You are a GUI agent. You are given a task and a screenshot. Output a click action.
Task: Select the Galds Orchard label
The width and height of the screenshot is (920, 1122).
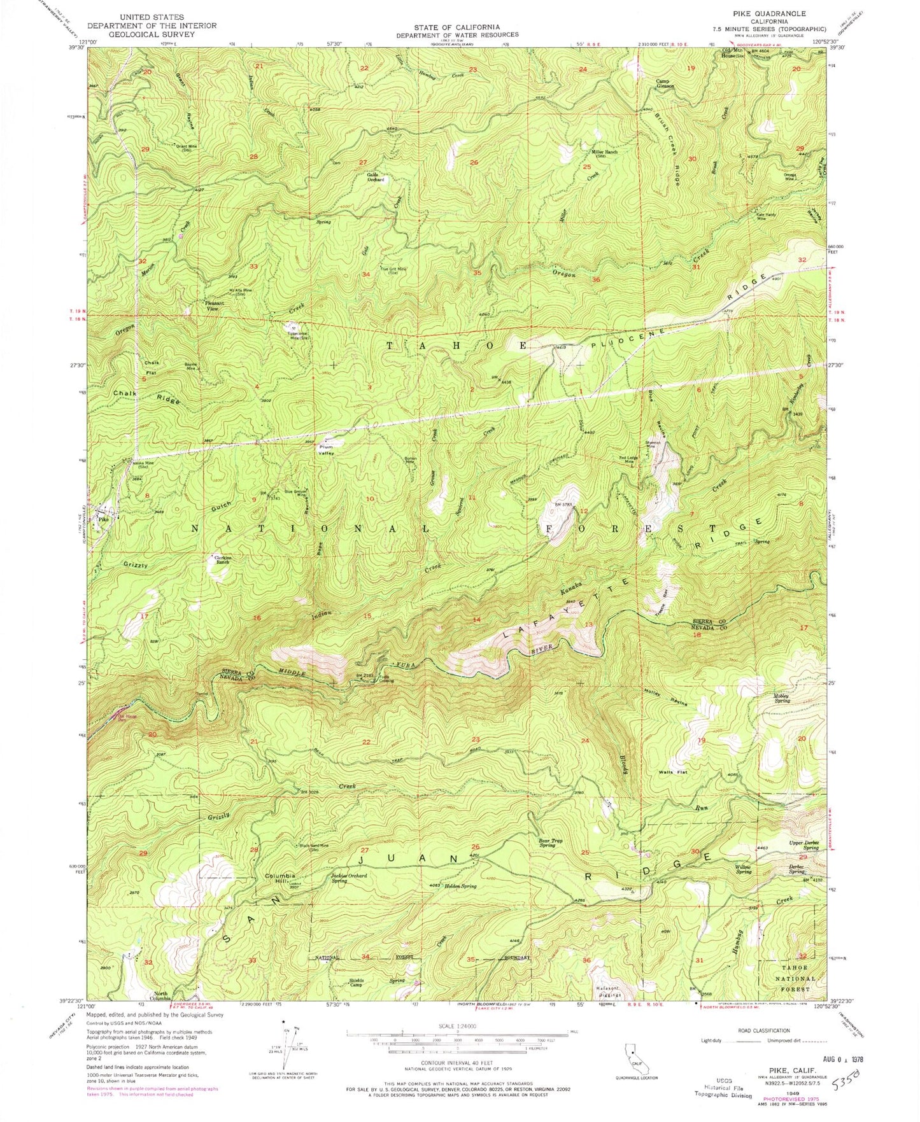376,177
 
